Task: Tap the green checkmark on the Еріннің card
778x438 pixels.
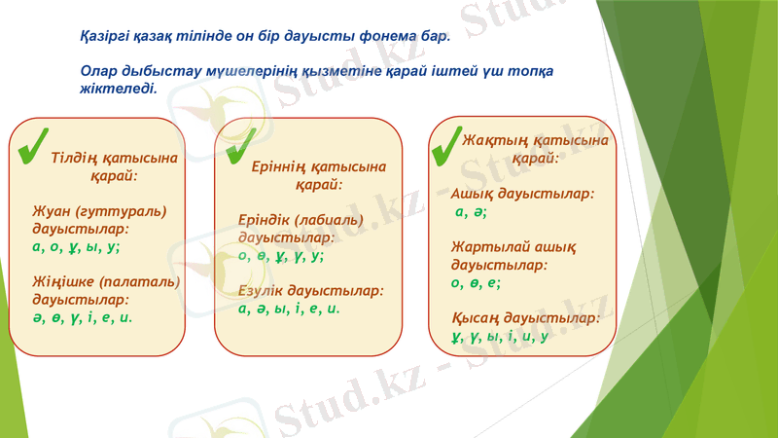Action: [239, 146]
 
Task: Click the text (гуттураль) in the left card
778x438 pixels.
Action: [130, 211]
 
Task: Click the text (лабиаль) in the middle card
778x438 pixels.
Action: [320, 220]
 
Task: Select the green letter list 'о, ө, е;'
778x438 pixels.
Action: [477, 282]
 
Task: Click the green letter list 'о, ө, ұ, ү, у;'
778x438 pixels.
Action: [281, 256]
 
